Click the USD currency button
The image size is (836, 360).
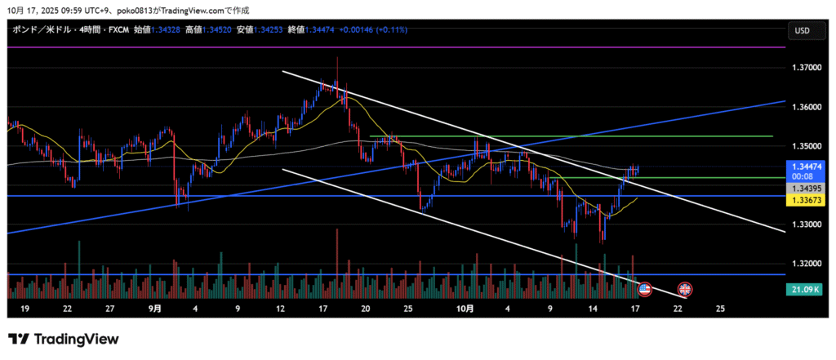pyautogui.click(x=802, y=31)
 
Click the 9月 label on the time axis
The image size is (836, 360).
pyautogui.click(x=155, y=309)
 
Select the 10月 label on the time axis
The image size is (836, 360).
pyautogui.click(x=465, y=309)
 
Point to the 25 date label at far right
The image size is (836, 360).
pyautogui.click(x=720, y=309)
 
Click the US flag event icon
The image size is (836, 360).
pyautogui.click(x=645, y=288)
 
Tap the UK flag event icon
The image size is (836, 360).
pyautogui.click(x=684, y=288)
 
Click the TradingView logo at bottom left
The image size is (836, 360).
pyautogui.click(x=64, y=339)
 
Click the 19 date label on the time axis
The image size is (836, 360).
pyautogui.click(x=25, y=309)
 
